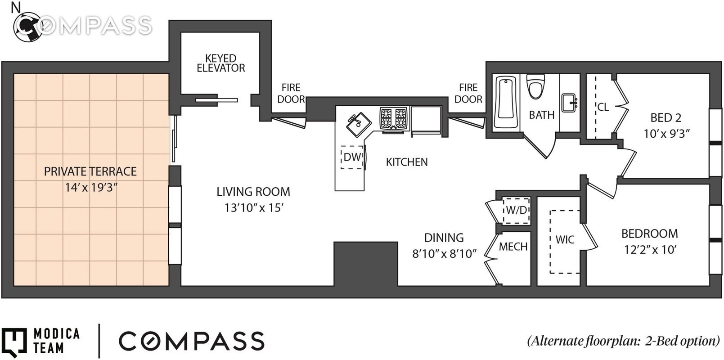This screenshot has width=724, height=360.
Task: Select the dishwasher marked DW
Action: tap(352, 157)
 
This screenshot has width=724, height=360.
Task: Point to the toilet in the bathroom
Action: tap(535, 86)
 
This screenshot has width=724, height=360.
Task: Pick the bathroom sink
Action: tap(569, 103)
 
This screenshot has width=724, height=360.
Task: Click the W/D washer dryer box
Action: tap(516, 211)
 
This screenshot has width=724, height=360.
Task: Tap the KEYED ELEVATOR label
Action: tap(221, 63)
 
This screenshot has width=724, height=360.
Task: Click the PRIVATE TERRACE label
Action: tap(90, 171)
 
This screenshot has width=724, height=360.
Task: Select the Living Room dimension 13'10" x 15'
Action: tap(254, 208)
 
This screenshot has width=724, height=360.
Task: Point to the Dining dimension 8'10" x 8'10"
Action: tap(445, 254)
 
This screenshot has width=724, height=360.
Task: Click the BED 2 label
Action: tap(666, 117)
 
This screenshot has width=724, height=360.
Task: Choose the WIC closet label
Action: tap(565, 239)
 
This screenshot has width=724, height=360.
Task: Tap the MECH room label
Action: tap(513, 247)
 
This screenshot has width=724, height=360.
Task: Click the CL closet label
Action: tap(603, 107)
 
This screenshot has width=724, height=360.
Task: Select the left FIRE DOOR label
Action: tap(291, 94)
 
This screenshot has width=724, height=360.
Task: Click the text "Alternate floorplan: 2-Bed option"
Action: tap(624, 341)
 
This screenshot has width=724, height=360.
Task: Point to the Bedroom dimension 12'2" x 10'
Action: tap(650, 250)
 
